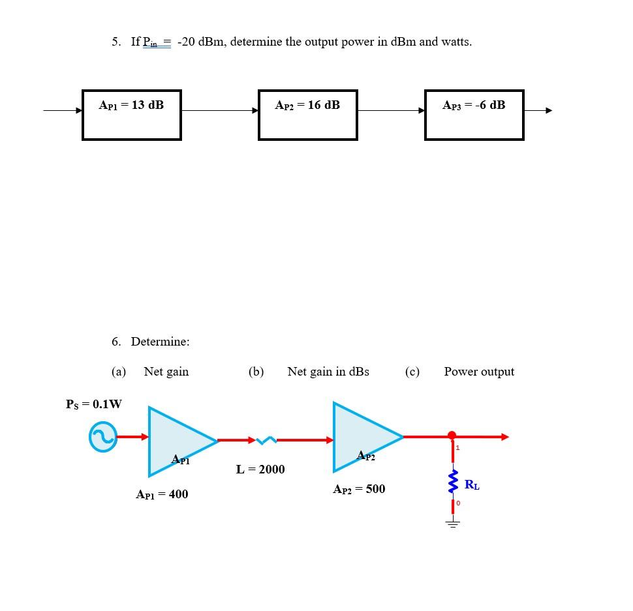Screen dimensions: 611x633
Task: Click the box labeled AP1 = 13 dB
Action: [131, 115]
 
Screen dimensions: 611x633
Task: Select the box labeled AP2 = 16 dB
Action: [307, 115]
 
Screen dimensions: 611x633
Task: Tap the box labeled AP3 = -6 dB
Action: [474, 115]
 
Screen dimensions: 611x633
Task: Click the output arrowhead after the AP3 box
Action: [548, 110]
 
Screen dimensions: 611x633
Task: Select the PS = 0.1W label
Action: [94, 404]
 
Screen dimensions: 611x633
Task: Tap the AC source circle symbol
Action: [103, 437]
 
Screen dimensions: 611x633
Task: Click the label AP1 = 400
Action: [162, 494]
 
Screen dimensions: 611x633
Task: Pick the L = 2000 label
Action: [260, 469]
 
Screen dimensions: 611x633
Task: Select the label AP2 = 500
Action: [359, 489]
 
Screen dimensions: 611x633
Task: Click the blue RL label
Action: [472, 485]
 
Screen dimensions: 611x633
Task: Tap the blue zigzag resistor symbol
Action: [452, 483]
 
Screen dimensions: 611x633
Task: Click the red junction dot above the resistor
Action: [452, 436]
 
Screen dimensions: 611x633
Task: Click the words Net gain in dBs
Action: [328, 372]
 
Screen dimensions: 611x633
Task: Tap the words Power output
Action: [479, 372]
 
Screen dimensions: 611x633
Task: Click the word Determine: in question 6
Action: [160, 342]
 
